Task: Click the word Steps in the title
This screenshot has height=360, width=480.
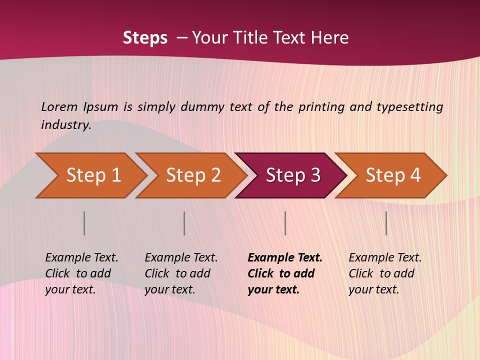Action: (x=145, y=38)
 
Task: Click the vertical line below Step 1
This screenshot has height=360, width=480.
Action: (x=84, y=223)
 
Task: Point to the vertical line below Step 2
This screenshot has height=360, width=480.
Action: (x=184, y=223)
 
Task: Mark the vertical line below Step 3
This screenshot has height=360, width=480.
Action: (x=285, y=223)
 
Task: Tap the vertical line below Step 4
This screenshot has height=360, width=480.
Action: (x=386, y=223)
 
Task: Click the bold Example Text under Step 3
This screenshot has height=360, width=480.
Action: (x=284, y=273)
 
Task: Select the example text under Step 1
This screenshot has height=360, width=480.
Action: (x=81, y=273)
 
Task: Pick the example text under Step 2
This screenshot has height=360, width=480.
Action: (x=181, y=273)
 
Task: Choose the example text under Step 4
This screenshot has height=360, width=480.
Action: (x=385, y=273)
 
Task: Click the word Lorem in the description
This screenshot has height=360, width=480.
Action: (x=59, y=107)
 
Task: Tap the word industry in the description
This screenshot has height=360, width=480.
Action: (x=66, y=125)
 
